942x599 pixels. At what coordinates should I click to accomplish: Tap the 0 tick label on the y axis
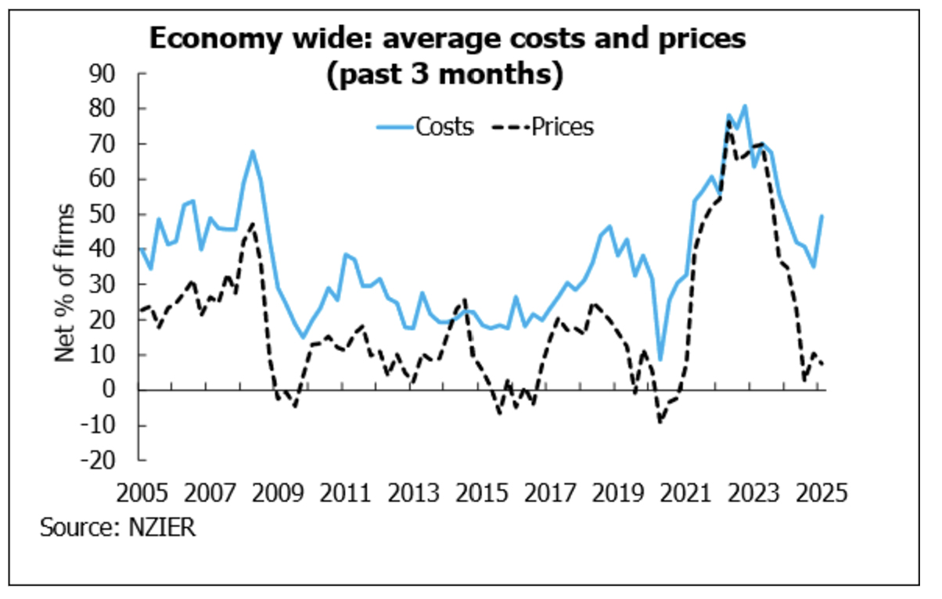pyautogui.click(x=119, y=389)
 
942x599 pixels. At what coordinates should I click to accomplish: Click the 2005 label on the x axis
pyautogui.click(x=142, y=495)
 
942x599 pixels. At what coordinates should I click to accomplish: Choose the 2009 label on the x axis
pyautogui.click(x=278, y=495)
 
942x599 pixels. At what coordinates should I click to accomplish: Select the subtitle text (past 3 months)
pyautogui.click(x=447, y=76)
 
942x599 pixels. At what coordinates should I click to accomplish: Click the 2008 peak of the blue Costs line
pyautogui.click(x=253, y=151)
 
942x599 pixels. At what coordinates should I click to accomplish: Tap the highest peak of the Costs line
pyautogui.click(x=744, y=106)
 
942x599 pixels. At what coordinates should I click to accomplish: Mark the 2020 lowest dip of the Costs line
pyautogui.click(x=661, y=360)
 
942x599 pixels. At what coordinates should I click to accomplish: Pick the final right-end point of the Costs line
pyautogui.click(x=822, y=216)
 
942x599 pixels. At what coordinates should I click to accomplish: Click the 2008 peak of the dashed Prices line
pyautogui.click(x=252, y=224)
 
